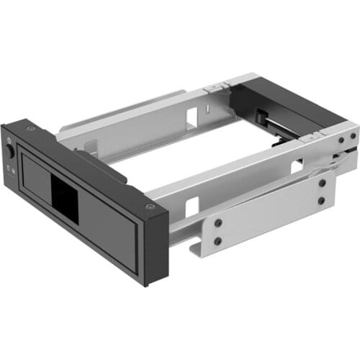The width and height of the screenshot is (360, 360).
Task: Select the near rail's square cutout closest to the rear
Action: click(296, 166)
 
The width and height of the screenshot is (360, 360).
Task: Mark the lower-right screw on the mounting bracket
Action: click(321, 201)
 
